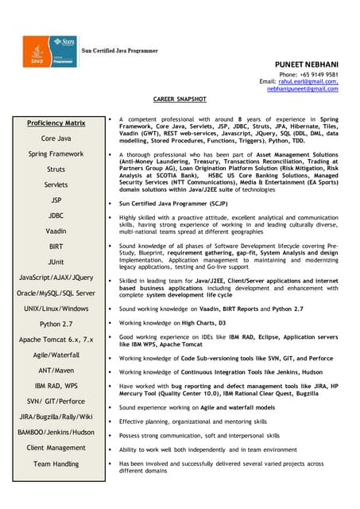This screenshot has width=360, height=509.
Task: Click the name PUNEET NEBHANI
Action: [305, 63]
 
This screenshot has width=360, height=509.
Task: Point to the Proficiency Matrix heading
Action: [56, 123]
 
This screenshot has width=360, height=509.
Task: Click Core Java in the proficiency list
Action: [56, 138]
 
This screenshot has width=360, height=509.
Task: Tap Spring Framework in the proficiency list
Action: [56, 153]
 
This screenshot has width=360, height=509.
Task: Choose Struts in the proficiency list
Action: [56, 169]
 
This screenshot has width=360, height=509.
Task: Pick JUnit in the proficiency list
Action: [56, 262]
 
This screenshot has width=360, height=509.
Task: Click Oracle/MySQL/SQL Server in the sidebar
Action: [56, 293]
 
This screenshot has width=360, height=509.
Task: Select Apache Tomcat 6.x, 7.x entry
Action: [56, 340]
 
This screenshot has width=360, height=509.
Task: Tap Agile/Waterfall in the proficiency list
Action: [56, 355]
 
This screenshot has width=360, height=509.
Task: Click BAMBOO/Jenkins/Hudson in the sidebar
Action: [56, 432]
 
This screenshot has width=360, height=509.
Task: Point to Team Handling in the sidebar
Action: [56, 463]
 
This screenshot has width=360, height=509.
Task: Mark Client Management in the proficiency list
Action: [56, 448]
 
